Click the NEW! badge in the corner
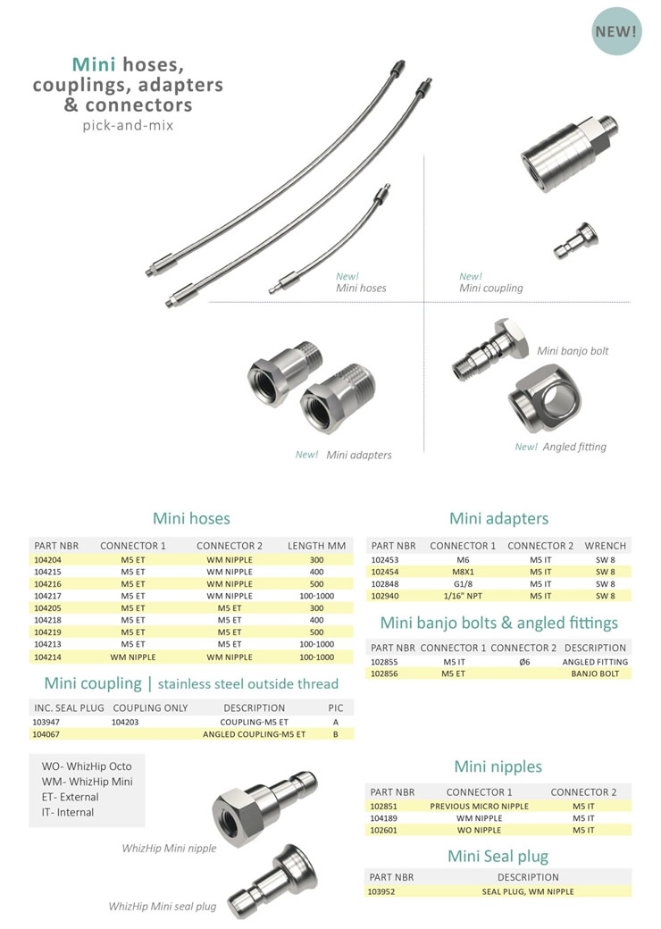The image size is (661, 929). click(x=616, y=31)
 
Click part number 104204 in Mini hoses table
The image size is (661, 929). click(x=48, y=559)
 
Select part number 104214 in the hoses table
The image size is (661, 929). click(x=48, y=657)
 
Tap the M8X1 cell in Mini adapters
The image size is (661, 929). click(x=463, y=571)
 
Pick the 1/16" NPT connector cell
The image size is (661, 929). click(x=463, y=595)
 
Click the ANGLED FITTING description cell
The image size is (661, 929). click(x=596, y=662)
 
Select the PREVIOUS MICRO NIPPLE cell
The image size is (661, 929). click(x=480, y=806)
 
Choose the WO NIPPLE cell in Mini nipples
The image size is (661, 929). click(x=480, y=830)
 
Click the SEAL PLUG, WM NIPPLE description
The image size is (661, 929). click(x=528, y=891)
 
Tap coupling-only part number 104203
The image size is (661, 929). click(x=125, y=721)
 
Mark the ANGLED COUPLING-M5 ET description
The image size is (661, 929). click(x=254, y=733)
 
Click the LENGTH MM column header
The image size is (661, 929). click(x=316, y=546)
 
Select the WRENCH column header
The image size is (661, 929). click(x=605, y=546)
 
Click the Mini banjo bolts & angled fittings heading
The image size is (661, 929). click(x=498, y=623)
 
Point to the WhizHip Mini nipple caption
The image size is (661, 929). click(x=169, y=848)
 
